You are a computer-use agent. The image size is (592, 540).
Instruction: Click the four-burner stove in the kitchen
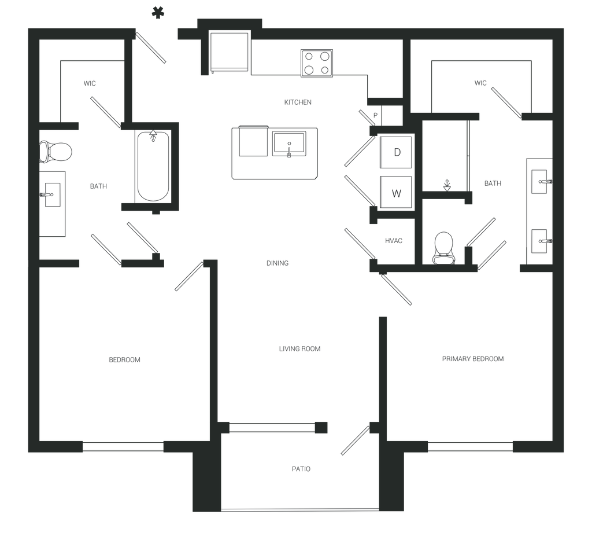tap(317, 63)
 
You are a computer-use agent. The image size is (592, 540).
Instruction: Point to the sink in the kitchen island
tap(290, 143)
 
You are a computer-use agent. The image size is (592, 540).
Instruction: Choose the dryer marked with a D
tap(397, 153)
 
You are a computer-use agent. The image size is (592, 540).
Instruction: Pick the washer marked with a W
tap(397, 192)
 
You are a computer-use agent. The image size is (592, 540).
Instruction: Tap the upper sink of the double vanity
tap(540, 182)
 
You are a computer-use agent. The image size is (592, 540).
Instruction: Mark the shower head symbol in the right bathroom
tap(446, 185)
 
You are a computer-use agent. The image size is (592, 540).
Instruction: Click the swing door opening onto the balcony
tap(355, 441)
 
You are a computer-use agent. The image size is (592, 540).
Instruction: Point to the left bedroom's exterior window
tap(123, 446)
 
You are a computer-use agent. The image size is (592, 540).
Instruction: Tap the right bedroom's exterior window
tap(469, 446)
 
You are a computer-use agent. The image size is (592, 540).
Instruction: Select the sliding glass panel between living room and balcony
tap(272, 427)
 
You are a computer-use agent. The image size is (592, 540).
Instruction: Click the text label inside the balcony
tap(301, 468)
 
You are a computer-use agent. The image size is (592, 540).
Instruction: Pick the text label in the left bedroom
tap(125, 360)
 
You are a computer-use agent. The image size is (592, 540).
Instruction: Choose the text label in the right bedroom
tap(473, 359)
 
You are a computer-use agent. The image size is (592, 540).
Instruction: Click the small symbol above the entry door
tap(156, 12)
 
